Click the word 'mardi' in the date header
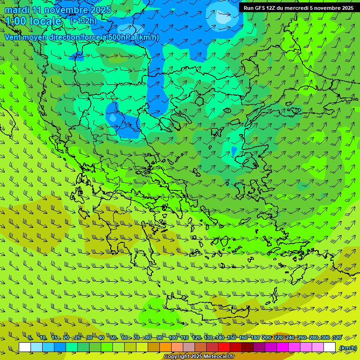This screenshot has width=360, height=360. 16,10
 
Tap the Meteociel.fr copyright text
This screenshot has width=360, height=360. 199,357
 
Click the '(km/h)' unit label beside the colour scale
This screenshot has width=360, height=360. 348,348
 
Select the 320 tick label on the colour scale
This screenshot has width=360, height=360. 337,337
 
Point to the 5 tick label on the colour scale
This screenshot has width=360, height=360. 30,337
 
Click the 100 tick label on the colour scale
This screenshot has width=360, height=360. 172,337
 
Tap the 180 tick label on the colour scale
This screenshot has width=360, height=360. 255,337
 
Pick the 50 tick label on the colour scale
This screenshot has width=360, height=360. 113,337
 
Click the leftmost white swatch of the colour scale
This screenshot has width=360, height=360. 25,347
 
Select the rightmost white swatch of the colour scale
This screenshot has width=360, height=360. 330,347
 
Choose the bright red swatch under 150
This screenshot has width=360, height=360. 224,347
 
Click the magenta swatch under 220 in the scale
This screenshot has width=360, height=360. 283,347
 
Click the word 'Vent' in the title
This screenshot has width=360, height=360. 14,37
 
